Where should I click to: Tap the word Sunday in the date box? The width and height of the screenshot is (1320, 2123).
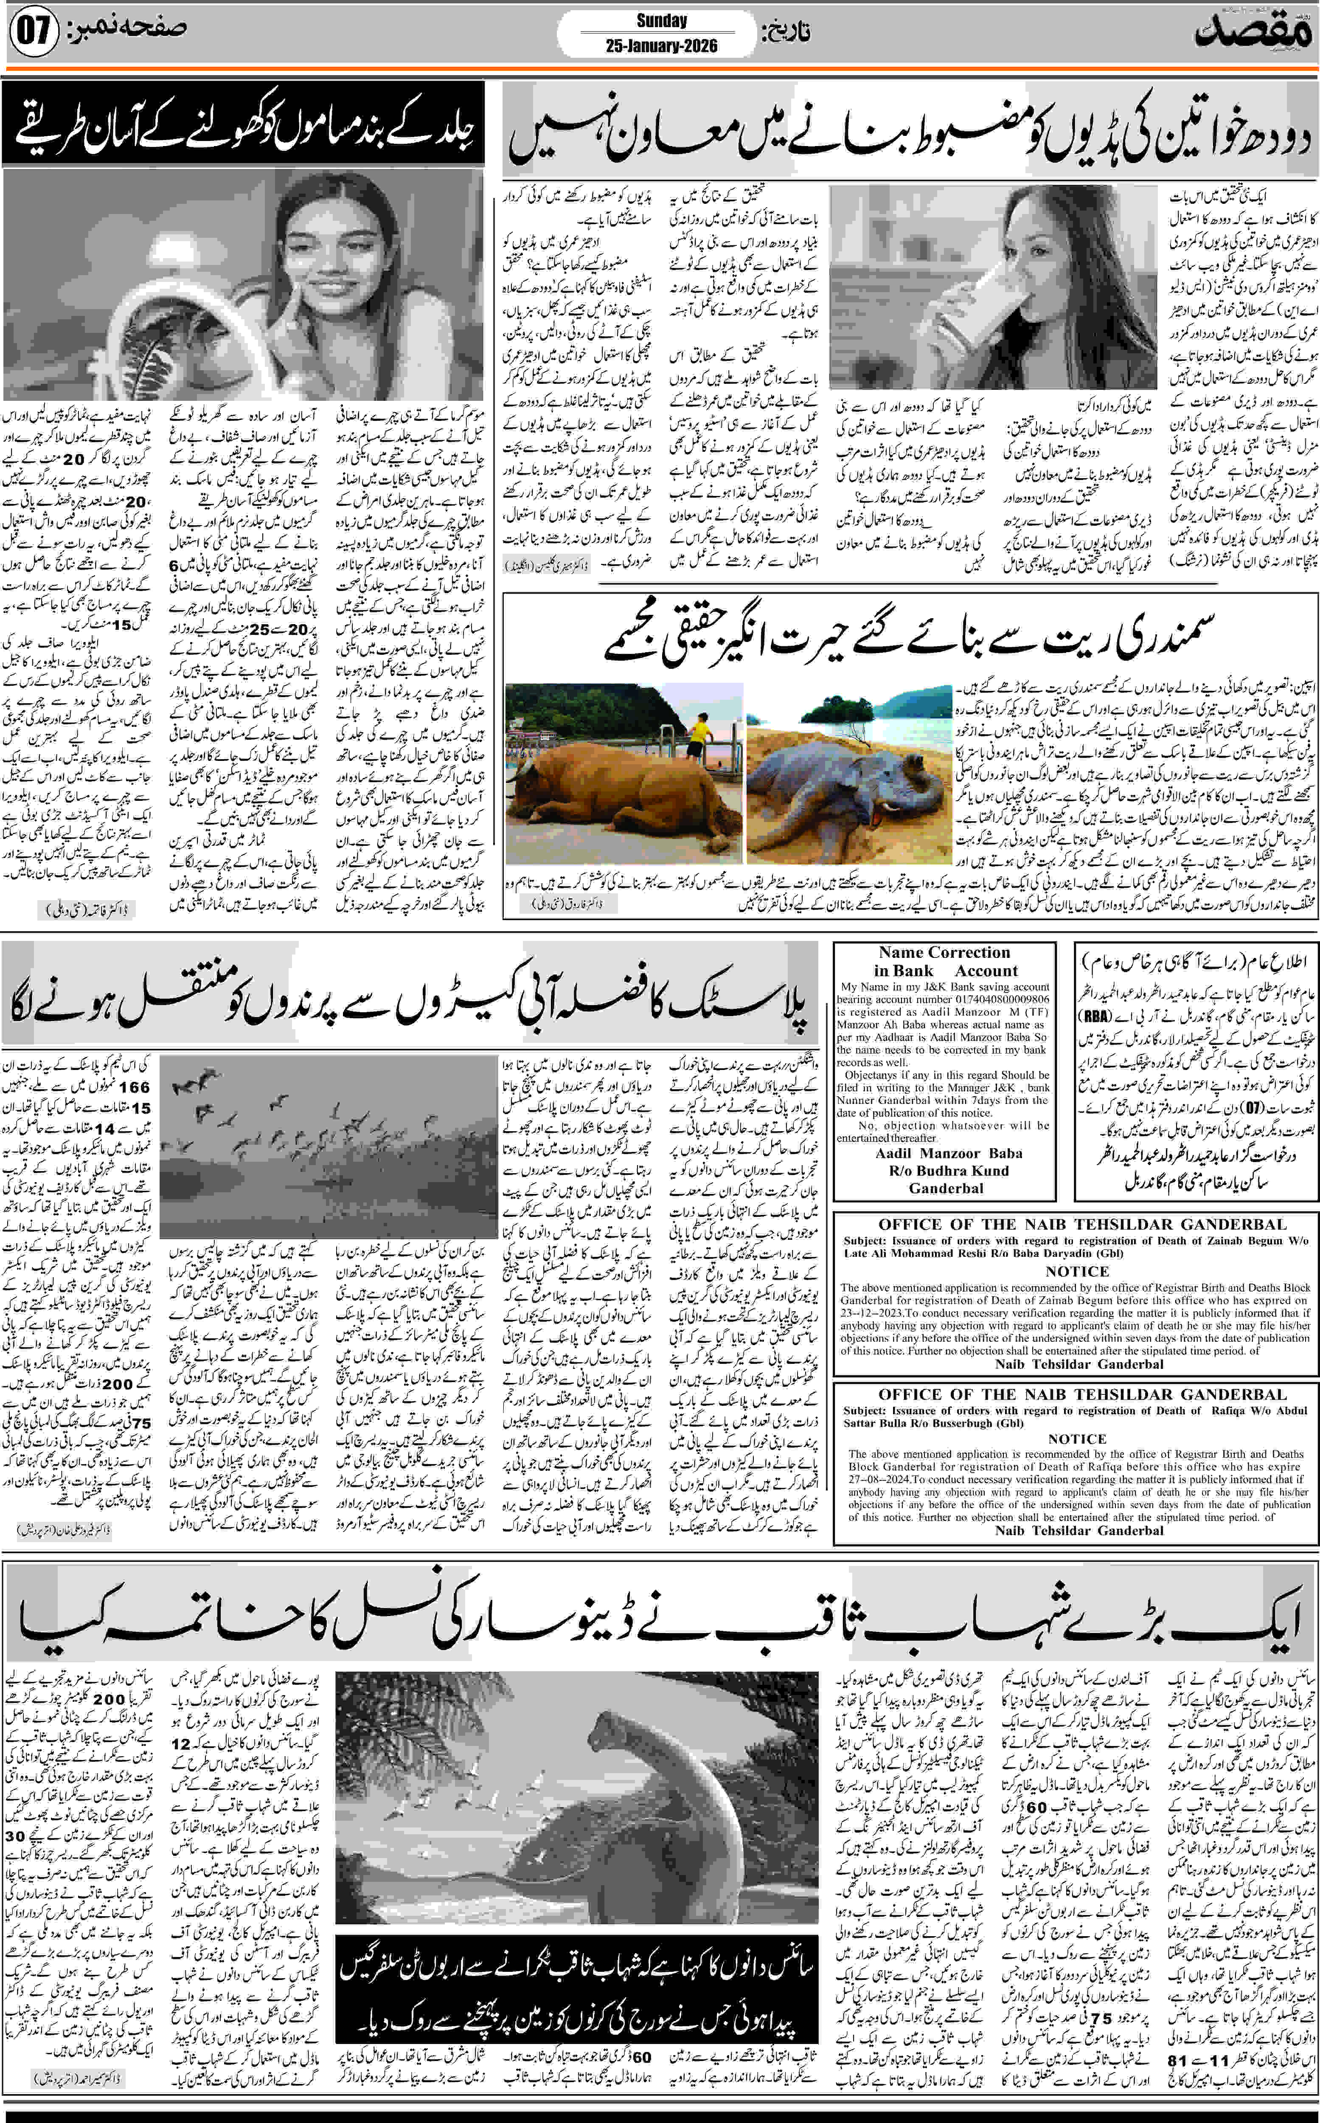tap(661, 21)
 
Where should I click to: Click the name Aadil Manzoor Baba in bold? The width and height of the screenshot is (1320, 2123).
tap(948, 1153)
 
